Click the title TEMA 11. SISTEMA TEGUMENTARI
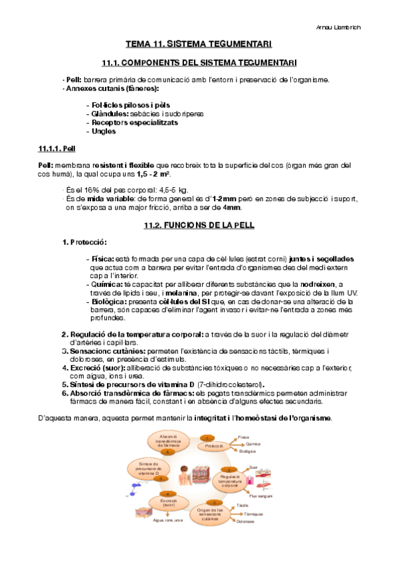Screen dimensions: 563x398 point(199,44)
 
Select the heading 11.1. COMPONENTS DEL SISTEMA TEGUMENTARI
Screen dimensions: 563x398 point(199,62)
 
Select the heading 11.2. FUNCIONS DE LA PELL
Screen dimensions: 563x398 point(199,226)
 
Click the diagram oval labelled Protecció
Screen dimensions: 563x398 point(214,446)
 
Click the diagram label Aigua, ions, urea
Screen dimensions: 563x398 point(167,521)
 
